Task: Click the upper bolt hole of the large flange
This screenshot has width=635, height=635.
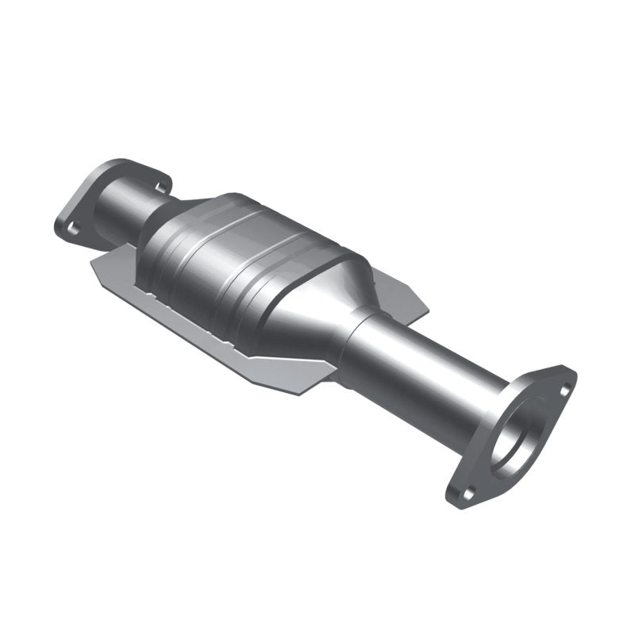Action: point(564,390)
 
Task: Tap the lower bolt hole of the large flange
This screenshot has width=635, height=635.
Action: point(468,494)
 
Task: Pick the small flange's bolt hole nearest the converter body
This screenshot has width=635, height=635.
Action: point(162,187)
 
